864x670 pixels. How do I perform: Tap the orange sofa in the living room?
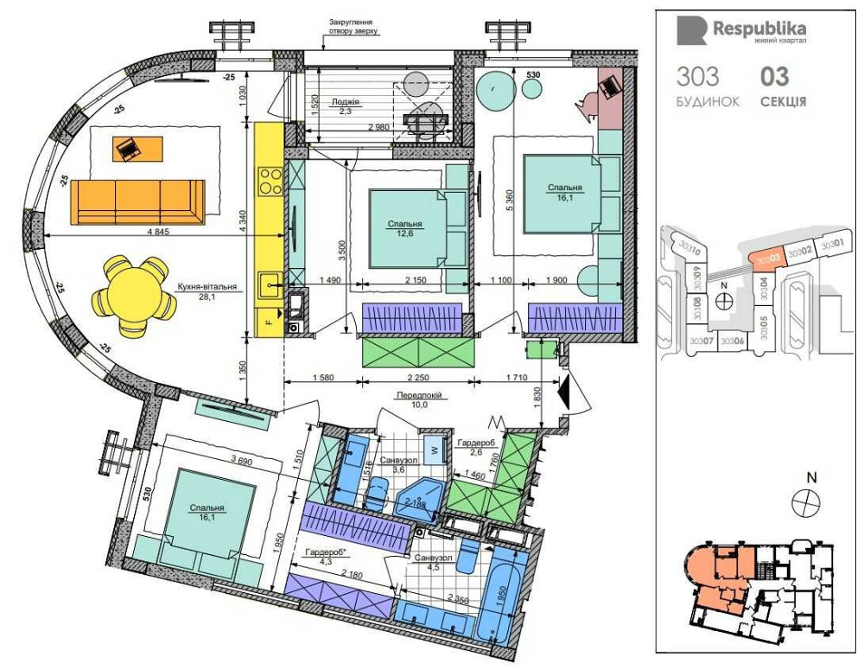[137, 201]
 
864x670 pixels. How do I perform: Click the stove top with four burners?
[270, 182]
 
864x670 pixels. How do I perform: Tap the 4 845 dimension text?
[162, 232]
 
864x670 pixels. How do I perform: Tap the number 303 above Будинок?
[697, 77]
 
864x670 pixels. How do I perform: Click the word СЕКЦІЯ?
[783, 101]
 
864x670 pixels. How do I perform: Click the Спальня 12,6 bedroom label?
[405, 226]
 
